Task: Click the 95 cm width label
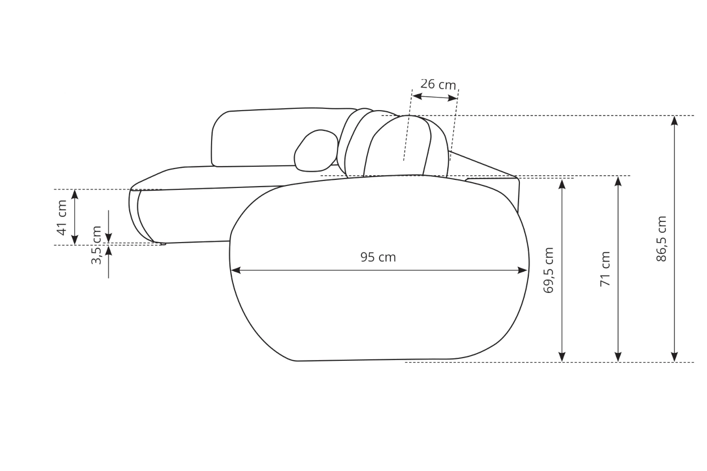tap(378, 257)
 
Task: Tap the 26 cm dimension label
tap(438, 84)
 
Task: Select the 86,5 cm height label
tap(661, 238)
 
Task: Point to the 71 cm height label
tap(605, 269)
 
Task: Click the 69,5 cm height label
tap(548, 270)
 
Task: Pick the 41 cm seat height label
tap(62, 218)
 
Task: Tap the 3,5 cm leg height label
tap(96, 245)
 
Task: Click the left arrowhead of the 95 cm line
tap(236, 270)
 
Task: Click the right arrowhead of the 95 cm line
tap(522, 270)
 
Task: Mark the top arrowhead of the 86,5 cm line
tap(674, 121)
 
